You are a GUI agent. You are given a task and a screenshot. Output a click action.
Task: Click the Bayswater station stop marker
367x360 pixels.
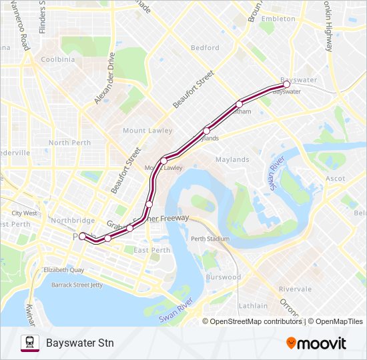[x=286, y=85]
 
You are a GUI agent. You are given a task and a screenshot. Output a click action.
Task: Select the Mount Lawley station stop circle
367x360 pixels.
[x=163, y=160]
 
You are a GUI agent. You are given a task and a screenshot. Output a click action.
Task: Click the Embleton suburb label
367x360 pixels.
[x=278, y=19]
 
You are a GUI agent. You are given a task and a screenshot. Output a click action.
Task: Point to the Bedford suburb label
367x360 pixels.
[x=205, y=48]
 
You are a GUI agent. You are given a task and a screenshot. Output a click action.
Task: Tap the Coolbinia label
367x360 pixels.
[x=57, y=59]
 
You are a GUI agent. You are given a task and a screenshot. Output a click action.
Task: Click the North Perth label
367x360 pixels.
[x=69, y=143]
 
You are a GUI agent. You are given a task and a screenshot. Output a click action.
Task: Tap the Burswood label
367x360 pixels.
[x=223, y=277]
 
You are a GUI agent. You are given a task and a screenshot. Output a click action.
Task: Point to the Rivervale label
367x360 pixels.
[x=295, y=289]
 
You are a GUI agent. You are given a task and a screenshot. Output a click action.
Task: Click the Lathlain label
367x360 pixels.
[x=253, y=306]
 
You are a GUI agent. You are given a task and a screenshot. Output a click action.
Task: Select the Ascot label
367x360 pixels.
[x=335, y=179]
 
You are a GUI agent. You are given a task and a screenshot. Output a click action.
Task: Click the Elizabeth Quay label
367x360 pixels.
[x=63, y=271]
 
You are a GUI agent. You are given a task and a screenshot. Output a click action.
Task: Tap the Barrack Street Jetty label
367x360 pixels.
[x=77, y=285]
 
